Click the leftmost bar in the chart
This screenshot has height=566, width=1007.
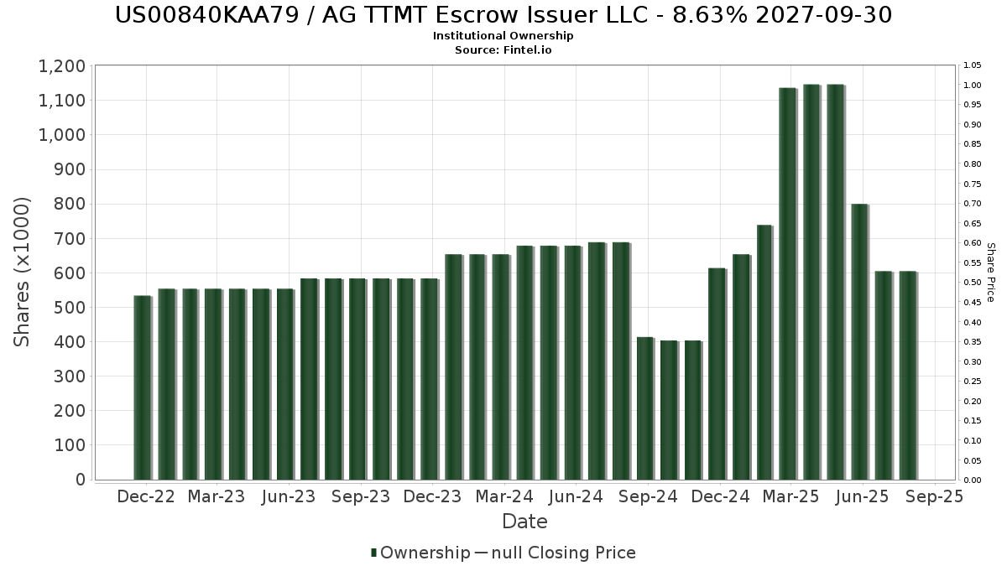point(142,387)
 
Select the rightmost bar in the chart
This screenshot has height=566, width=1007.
point(907,376)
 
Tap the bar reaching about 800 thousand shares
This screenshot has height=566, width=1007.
point(859,341)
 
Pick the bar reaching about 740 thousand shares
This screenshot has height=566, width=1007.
point(764,352)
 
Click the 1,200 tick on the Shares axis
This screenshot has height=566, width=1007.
point(61,66)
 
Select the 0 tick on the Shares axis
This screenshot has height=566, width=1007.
point(81,480)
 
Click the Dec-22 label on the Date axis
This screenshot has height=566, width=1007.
point(146,496)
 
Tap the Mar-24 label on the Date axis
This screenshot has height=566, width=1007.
point(503,496)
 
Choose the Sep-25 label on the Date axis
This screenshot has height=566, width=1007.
point(934,496)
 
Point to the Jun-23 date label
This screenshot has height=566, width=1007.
point(289,496)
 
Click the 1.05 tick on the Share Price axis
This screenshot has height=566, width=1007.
point(972,65)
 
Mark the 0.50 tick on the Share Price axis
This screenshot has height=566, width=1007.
point(972,283)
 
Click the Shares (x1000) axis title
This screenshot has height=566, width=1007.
point(23,272)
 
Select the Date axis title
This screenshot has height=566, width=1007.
point(524,522)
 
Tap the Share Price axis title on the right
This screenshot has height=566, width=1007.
point(990,272)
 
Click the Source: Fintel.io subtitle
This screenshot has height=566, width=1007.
point(503,50)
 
